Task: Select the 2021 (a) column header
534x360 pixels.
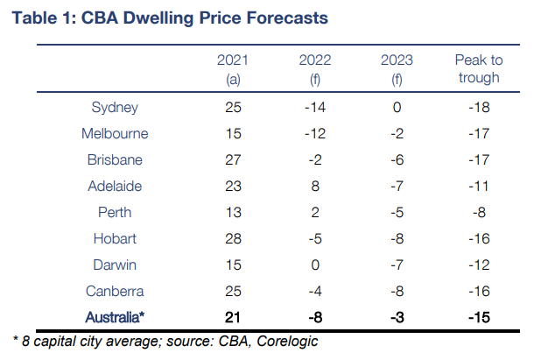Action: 233,69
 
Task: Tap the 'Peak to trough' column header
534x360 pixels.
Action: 477,69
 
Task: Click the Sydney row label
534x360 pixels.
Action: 116,108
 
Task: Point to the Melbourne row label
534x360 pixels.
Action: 116,134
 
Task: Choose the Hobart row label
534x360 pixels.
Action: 116,238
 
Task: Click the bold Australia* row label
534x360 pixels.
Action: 116,316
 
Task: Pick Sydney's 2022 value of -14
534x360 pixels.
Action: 315,108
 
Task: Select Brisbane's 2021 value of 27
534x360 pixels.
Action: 233,160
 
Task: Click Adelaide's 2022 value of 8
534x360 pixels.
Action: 315,186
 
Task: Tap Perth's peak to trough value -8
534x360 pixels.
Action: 477,212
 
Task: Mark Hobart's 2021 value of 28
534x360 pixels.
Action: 233,238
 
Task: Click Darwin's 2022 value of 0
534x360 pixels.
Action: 315,265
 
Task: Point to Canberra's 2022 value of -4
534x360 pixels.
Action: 315,291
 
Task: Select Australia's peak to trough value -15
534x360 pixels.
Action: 477,316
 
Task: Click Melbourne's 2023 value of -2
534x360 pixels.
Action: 397,134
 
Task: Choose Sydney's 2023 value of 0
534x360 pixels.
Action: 397,108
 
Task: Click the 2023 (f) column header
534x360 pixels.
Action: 397,69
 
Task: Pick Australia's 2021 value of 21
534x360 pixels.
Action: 233,316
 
